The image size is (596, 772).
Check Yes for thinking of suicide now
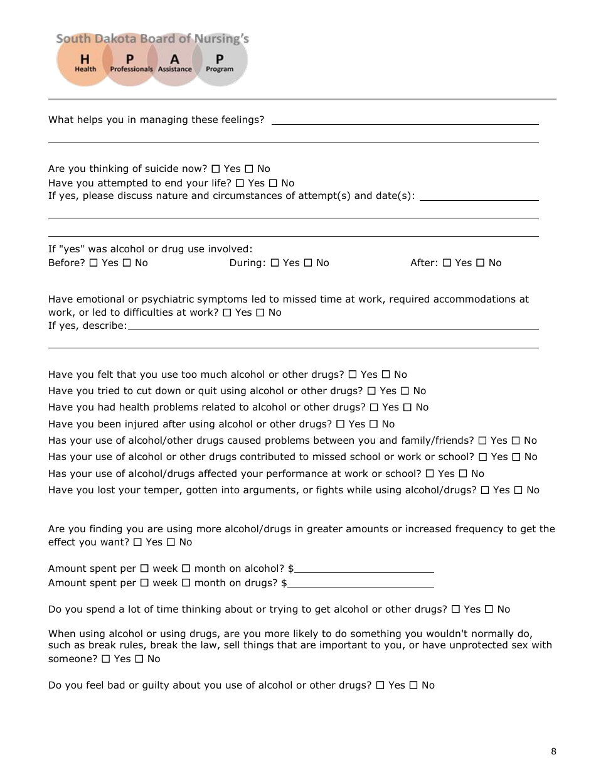pos(216,169)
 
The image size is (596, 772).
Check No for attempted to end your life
pos(273,183)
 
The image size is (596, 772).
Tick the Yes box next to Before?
pos(94,263)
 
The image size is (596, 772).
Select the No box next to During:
pos(308,263)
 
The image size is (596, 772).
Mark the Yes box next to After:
pos(447,263)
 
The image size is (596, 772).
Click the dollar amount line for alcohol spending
pos(364,569)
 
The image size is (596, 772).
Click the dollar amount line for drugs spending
pos(361,584)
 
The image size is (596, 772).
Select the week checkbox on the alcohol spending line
pos(144,569)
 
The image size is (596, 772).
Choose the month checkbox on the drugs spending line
pos(186,583)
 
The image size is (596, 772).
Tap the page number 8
pos(553,751)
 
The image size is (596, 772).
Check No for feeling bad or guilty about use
pos(413,685)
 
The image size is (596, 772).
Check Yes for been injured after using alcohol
pos(341,424)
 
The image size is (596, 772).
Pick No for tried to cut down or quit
pos(405,391)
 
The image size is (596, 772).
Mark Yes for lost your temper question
pos(485,490)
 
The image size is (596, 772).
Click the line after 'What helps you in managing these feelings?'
pos(405,121)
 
